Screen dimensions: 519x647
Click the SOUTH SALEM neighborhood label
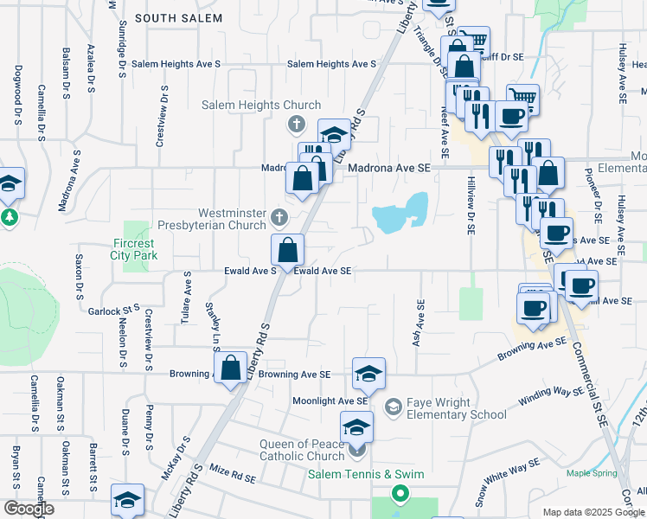[179, 17]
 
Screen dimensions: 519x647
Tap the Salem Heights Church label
[249, 106]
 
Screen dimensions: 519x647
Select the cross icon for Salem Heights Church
[296, 125]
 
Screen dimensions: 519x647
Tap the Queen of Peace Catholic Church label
[302, 450]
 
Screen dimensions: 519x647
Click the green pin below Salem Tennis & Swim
[400, 494]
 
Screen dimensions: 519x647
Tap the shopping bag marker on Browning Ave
[232, 368]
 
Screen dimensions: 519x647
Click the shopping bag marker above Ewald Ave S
[288, 250]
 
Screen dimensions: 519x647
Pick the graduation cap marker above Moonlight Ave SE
[369, 374]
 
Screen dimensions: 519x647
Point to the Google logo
[29, 509]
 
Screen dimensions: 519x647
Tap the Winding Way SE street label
[551, 397]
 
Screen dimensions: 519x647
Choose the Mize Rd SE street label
[234, 476]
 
